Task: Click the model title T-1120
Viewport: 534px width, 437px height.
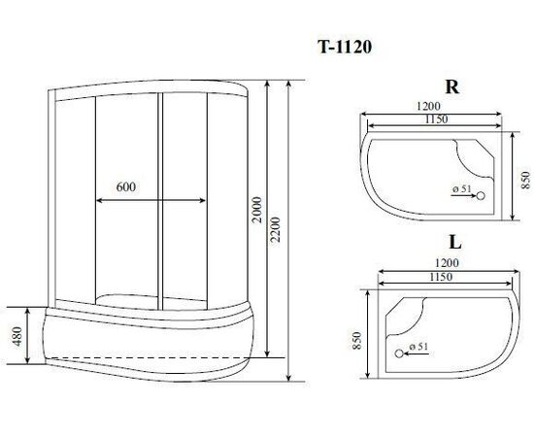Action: point(345,48)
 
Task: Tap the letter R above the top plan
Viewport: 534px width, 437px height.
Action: point(452,87)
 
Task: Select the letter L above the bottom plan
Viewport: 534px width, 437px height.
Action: point(455,243)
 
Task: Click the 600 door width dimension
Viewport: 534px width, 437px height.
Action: point(125,186)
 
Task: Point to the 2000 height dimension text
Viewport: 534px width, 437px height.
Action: point(257,210)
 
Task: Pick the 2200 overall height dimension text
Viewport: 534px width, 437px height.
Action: point(275,229)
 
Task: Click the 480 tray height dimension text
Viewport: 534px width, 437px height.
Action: point(17,336)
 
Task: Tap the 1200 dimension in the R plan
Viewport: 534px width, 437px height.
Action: point(428,106)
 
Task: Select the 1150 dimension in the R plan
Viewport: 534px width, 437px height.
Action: point(436,119)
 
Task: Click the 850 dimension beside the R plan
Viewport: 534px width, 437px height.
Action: point(525,180)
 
